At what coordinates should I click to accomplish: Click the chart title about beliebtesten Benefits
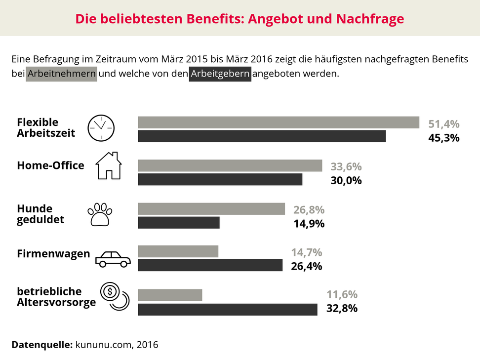pos(240,19)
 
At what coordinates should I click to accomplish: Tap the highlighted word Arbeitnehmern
pos(62,75)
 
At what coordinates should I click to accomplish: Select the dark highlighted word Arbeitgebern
pos(220,75)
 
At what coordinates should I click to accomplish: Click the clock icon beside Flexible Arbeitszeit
pos(101,128)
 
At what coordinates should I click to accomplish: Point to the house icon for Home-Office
pos(108,165)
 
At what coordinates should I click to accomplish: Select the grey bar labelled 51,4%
pos(279,122)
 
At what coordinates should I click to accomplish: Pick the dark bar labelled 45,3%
pos(262,136)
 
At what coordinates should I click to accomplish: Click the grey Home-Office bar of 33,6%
pos(230,165)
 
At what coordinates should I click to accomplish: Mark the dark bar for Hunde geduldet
pos(179,223)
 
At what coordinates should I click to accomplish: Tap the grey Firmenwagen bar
pos(178,252)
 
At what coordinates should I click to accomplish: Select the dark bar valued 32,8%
pos(227,309)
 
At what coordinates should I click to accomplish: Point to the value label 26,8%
pos(309,209)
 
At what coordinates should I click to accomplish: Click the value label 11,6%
pos(342,295)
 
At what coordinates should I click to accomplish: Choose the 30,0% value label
pos(346,180)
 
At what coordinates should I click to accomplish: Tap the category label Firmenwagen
pos(53,254)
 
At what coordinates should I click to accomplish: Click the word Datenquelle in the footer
pos(41,344)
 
